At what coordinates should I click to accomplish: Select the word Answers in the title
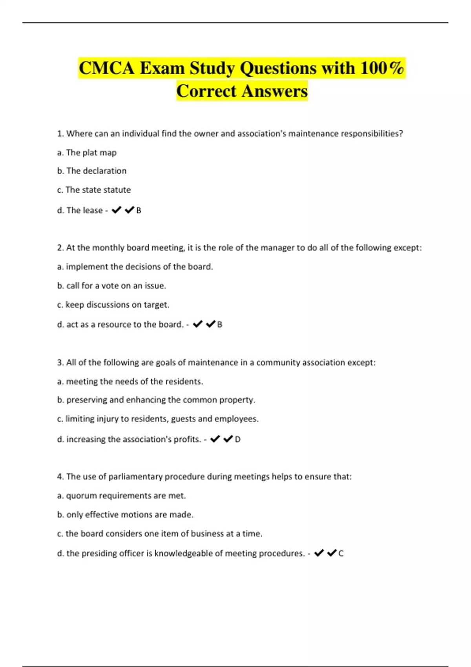point(274,91)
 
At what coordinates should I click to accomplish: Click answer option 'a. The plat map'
point(87,153)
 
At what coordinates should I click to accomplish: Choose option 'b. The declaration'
point(92,171)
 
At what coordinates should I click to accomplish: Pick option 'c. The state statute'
point(94,190)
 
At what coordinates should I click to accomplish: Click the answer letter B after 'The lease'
point(139,211)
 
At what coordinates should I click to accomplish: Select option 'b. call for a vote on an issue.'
point(111,286)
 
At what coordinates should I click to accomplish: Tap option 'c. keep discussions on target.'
point(113,305)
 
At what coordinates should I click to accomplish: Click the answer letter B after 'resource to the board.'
point(220,325)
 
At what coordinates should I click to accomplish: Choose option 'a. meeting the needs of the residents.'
point(130,381)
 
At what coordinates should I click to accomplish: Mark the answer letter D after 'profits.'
point(237,439)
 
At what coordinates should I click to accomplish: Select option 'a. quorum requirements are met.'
point(121,496)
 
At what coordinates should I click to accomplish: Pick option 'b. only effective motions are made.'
point(125,515)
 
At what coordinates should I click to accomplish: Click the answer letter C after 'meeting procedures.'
point(341,554)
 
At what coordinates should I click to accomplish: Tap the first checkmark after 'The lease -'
point(116,210)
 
